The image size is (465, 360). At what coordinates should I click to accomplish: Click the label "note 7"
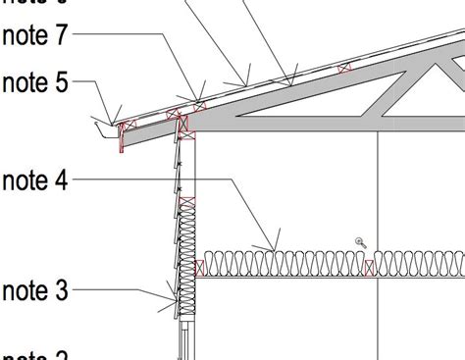click(x=35, y=36)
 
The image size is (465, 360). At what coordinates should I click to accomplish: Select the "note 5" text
click(x=35, y=81)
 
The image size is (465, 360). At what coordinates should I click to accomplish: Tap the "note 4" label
click(x=35, y=180)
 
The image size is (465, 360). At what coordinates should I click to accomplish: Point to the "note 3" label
click(x=35, y=290)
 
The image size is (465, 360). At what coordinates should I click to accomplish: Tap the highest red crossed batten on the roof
click(x=344, y=68)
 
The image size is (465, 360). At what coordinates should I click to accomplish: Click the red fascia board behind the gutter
click(x=122, y=138)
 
